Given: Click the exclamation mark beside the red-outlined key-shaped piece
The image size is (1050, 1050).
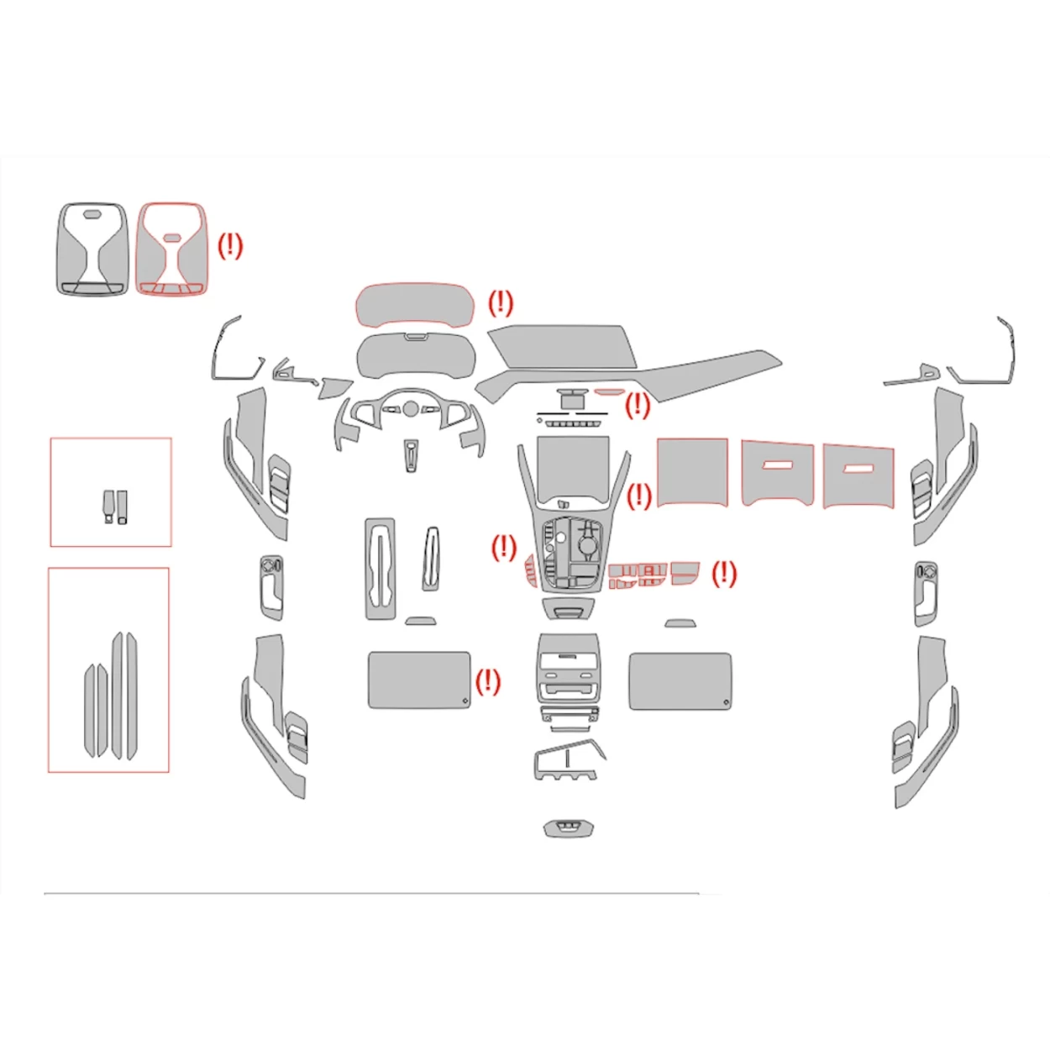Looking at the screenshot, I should pyautogui.click(x=229, y=246).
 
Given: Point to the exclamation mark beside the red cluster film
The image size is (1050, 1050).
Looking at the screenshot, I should pyautogui.click(x=500, y=303).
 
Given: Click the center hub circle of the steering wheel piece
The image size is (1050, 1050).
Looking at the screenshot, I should pyautogui.click(x=410, y=409).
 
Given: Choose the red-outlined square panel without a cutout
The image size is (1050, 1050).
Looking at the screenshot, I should pyautogui.click(x=692, y=472).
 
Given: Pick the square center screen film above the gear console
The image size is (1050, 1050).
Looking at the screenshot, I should pyautogui.click(x=573, y=466).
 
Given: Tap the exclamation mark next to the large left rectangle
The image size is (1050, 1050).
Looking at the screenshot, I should pyautogui.click(x=487, y=681).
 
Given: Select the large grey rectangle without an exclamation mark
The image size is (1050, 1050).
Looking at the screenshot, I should pyautogui.click(x=679, y=681).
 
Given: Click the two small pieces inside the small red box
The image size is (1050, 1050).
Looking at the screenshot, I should pyautogui.click(x=116, y=507).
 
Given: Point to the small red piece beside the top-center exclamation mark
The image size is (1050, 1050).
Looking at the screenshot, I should pyautogui.click(x=609, y=391).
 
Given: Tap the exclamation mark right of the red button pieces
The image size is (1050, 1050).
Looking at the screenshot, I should pyautogui.click(x=723, y=575).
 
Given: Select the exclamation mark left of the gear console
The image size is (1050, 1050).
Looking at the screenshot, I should pyautogui.click(x=503, y=549).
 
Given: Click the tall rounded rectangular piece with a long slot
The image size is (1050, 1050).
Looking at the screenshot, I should pyautogui.click(x=380, y=569).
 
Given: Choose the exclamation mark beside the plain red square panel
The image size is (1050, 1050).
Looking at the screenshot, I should pyautogui.click(x=638, y=496).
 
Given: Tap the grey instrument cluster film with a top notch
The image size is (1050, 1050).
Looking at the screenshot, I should pyautogui.click(x=415, y=356).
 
